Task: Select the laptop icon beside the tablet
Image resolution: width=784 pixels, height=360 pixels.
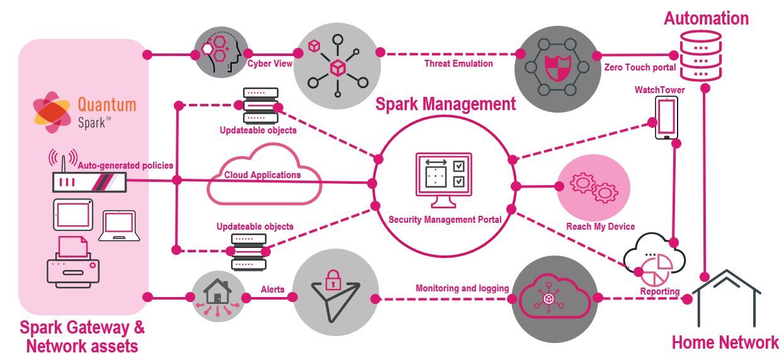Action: coord(119,226)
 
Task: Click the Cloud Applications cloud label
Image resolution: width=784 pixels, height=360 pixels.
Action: coord(263,175)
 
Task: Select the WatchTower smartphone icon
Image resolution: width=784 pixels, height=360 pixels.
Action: coord(666,117)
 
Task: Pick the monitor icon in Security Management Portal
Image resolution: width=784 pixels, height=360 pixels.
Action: coord(443,179)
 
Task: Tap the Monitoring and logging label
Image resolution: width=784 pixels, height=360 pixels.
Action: coord(462,288)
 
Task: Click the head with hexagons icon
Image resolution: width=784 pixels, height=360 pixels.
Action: coord(218,53)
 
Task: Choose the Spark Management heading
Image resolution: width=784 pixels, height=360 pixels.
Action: coord(445,104)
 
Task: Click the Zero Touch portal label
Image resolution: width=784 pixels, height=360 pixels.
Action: coord(640,67)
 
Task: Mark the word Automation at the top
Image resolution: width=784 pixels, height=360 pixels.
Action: coord(706,18)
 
